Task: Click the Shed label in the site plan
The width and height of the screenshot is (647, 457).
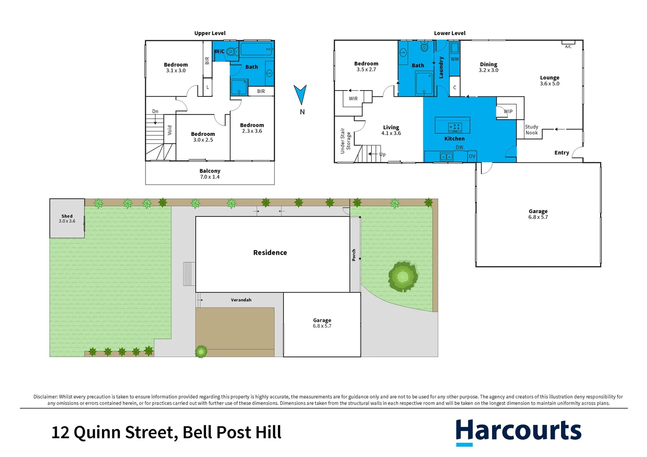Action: tap(67, 216)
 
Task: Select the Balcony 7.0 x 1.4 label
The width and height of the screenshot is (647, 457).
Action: tap(210, 174)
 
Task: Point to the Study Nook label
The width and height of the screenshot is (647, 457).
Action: tap(531, 130)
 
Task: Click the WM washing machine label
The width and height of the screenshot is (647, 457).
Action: tap(454, 59)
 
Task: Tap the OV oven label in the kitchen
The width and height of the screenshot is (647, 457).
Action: tap(472, 157)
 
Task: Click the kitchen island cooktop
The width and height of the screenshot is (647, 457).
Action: tap(454, 127)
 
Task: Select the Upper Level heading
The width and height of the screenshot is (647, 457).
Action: tap(210, 33)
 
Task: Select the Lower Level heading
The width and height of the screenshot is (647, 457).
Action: tap(449, 33)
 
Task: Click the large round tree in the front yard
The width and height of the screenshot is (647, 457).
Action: tap(403, 277)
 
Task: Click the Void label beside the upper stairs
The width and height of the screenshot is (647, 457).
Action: tap(170, 129)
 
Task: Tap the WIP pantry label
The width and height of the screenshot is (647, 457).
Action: tap(508, 112)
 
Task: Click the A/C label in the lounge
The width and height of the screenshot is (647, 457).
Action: tap(568, 47)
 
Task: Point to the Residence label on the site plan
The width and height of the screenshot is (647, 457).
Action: tap(270, 253)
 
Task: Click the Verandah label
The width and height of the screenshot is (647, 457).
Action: tap(241, 300)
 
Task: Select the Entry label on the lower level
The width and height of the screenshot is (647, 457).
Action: tap(562, 153)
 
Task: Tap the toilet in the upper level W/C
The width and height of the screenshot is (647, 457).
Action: tap(231, 52)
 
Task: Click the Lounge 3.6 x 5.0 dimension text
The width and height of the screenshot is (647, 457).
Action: tap(549, 84)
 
